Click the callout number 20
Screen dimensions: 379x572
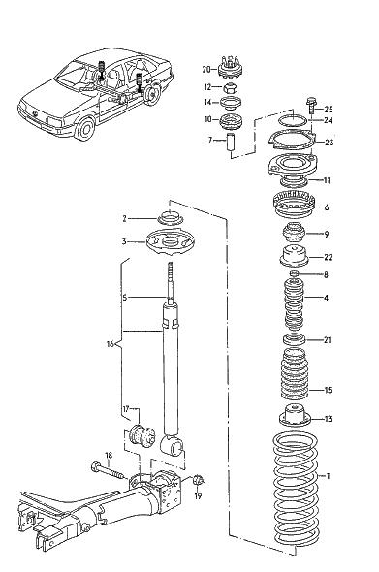pyautogui.click(x=206, y=69)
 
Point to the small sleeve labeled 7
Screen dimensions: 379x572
pyautogui.click(x=231, y=143)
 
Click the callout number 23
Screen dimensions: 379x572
pyautogui.click(x=329, y=143)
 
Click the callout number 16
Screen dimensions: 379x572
pyautogui.click(x=111, y=343)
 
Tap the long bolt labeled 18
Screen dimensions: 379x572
pyautogui.click(x=108, y=471)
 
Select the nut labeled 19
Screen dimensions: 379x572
pyautogui.click(x=198, y=480)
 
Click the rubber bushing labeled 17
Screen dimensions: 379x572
pyautogui.click(x=142, y=436)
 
